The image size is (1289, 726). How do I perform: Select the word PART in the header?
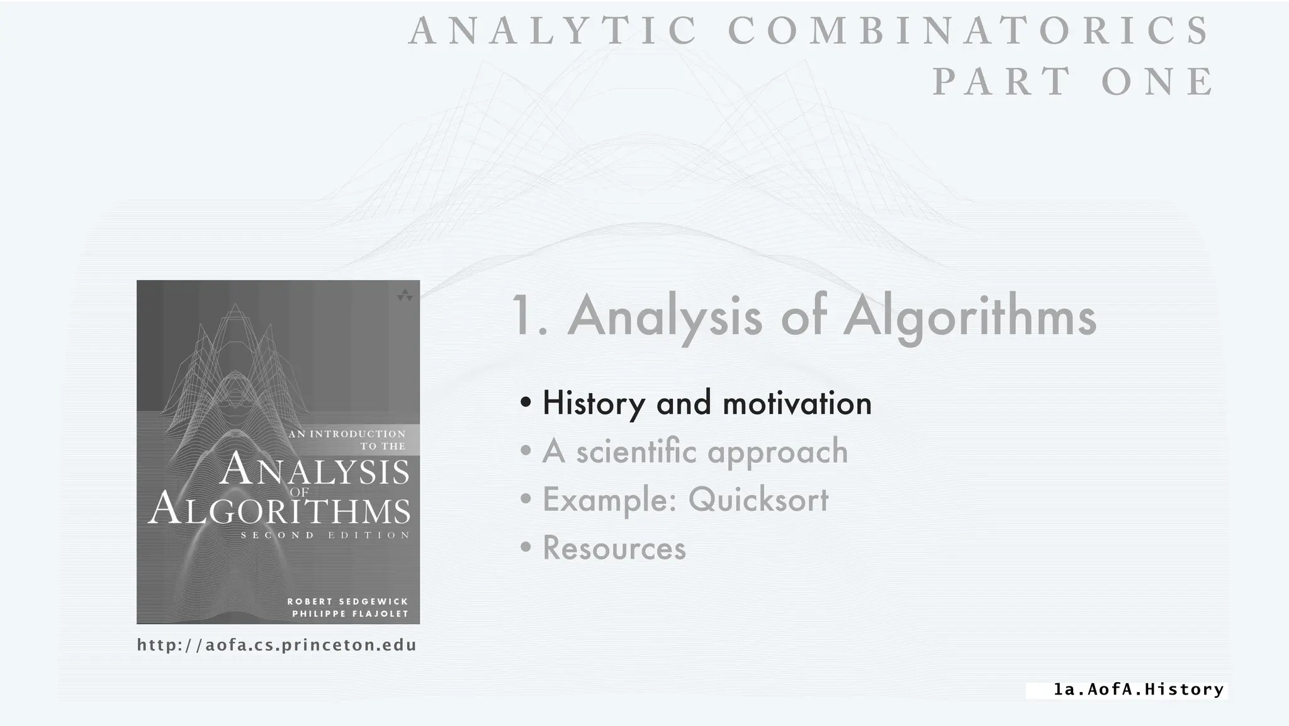click(x=1002, y=81)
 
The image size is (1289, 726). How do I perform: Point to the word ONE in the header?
click(x=1159, y=81)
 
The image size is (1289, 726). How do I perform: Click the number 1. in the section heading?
click(x=529, y=316)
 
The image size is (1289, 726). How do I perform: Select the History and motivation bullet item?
click(x=706, y=403)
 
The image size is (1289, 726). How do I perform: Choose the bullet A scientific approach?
click(x=695, y=451)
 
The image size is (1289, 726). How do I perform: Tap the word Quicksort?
click(x=758, y=500)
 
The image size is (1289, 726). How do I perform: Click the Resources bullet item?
click(x=614, y=547)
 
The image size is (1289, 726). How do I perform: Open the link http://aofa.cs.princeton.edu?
click(x=277, y=645)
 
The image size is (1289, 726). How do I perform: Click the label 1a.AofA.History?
click(x=1139, y=690)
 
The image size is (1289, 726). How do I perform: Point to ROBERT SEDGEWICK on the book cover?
click(x=348, y=601)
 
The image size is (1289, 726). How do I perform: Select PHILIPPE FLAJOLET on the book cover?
click(x=350, y=614)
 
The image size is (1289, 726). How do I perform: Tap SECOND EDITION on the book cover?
click(x=325, y=535)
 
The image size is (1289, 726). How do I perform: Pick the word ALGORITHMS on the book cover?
click(x=279, y=510)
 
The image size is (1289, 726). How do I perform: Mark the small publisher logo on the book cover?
click(x=405, y=295)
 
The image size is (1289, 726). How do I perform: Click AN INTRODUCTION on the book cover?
click(x=347, y=433)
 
